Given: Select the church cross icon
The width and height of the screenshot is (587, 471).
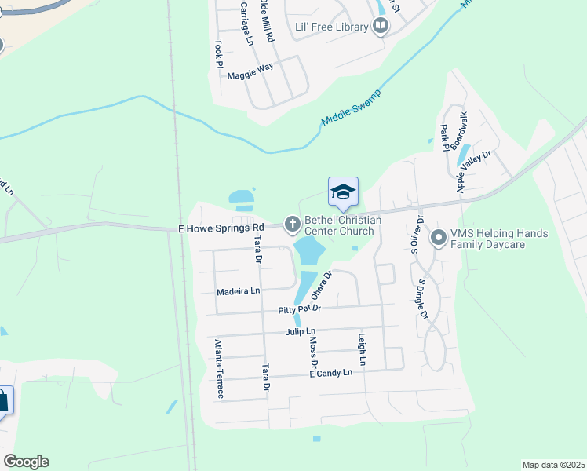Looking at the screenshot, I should [x=292, y=225].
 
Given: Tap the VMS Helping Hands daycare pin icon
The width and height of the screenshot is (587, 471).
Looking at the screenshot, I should [x=439, y=236].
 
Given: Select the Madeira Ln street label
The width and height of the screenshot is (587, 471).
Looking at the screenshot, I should [x=238, y=291].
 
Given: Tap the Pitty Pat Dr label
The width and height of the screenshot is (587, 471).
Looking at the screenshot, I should [x=300, y=310].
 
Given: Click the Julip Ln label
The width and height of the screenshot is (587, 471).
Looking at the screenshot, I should [x=300, y=332].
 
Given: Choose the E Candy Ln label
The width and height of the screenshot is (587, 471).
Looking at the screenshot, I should [x=330, y=372].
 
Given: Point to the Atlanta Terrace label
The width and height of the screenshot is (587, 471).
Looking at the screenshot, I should [x=219, y=369].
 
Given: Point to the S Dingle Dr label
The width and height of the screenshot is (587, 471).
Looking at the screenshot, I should [x=422, y=298].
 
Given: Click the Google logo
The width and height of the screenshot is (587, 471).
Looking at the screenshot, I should [x=26, y=462].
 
